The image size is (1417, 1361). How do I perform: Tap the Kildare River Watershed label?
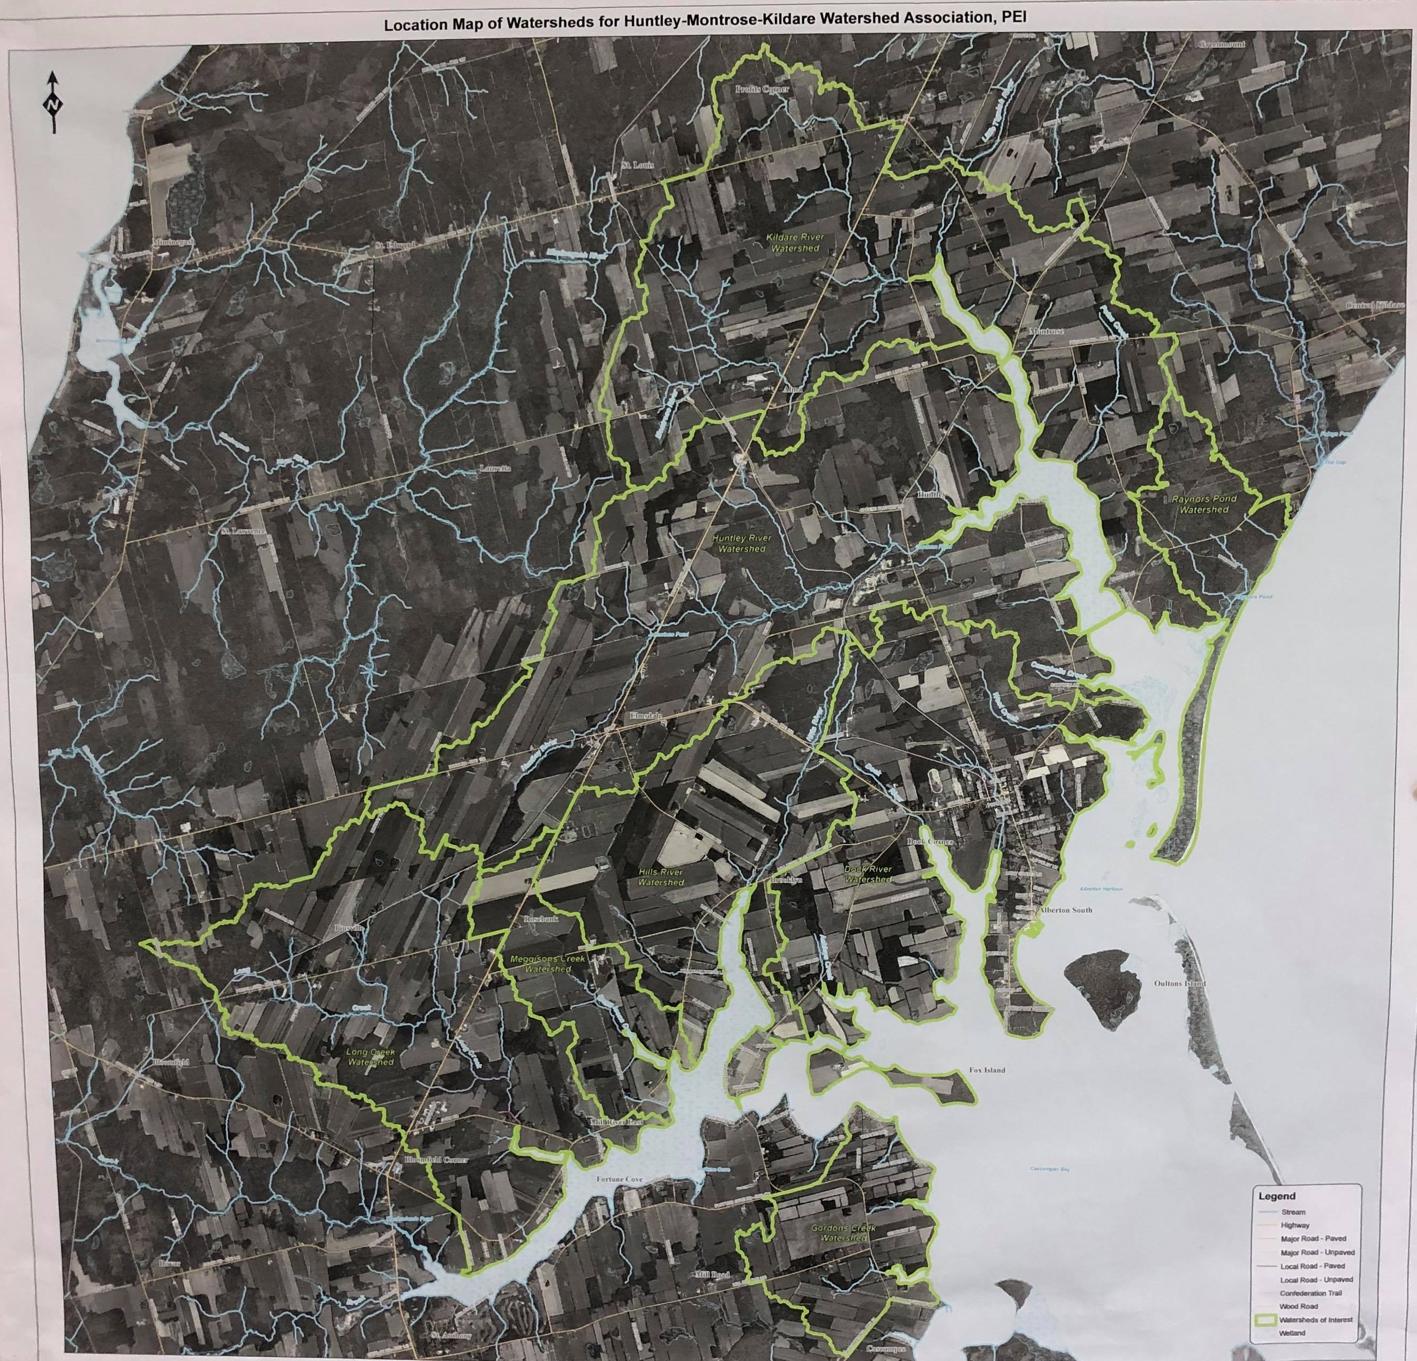click(795, 242)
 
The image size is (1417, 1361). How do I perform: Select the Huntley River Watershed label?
click(742, 543)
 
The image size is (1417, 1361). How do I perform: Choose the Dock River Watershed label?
click(868, 874)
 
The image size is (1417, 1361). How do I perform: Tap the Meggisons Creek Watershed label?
click(547, 963)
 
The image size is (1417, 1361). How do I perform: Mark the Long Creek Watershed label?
click(370, 1057)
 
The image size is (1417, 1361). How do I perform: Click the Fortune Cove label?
click(619, 1179)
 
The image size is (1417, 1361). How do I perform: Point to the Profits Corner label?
click(762, 89)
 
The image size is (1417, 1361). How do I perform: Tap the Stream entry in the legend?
click(1293, 1212)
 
